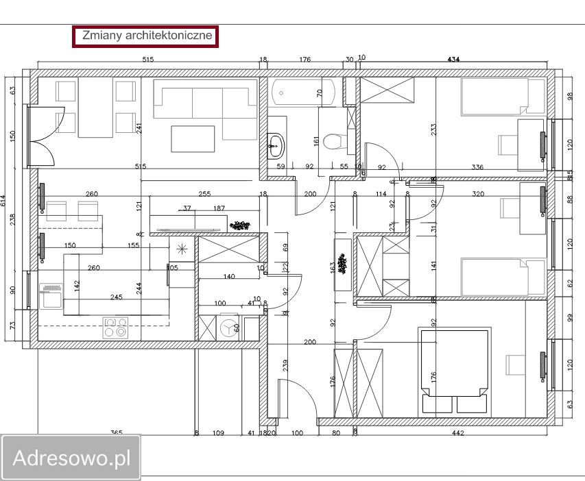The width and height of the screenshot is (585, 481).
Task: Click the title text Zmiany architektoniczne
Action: pyautogui.click(x=145, y=36)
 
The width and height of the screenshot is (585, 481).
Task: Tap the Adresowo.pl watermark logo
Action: pyautogui.click(x=71, y=458)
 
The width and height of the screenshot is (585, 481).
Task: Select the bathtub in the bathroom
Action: pyautogui.click(x=302, y=91)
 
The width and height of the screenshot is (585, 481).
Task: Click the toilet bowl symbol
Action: pyautogui.click(x=334, y=141)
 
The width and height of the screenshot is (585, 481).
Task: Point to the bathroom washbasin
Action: pyautogui.click(x=276, y=144)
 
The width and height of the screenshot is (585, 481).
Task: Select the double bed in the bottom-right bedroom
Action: pyautogui.click(x=455, y=370)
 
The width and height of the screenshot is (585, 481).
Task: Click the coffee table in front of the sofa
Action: pyautogui.click(x=193, y=138)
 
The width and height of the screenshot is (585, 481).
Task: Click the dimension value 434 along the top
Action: pyautogui.click(x=453, y=60)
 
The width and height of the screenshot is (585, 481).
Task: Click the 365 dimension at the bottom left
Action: pyautogui.click(x=117, y=433)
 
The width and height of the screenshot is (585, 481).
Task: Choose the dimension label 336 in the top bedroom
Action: pyautogui.click(x=478, y=166)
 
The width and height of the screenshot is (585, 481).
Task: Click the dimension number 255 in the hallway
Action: pyautogui.click(x=204, y=194)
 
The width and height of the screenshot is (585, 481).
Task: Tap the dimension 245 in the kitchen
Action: pyautogui.click(x=117, y=297)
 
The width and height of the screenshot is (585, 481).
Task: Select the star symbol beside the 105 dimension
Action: pyautogui.click(x=181, y=248)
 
